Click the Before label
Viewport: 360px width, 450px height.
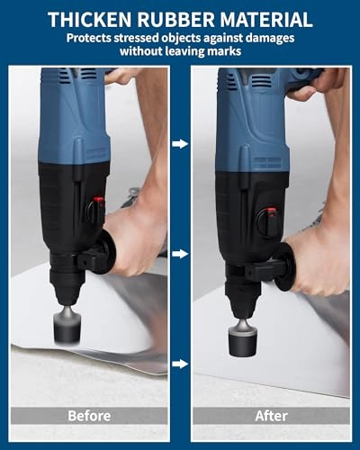89,417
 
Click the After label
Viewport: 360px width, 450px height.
271,417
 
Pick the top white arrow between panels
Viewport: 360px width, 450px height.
181,143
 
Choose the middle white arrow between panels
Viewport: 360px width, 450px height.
181,254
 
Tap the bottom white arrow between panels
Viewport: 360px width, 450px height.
181,364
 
